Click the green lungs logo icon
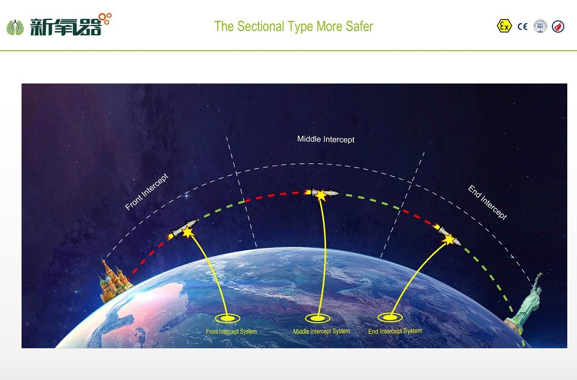pyautogui.click(x=15, y=27)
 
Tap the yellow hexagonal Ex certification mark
pyautogui.click(x=504, y=26)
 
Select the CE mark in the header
pyautogui.click(x=523, y=26)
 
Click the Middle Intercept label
pyautogui.click(x=325, y=139)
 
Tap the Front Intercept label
pyautogui.click(x=146, y=192)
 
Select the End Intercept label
pyautogui.click(x=487, y=202)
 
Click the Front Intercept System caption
pyautogui.click(x=231, y=331)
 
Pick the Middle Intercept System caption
pyautogui.click(x=321, y=331)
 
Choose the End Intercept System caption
pyautogui.click(x=395, y=331)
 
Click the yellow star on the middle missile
pyautogui.click(x=321, y=195)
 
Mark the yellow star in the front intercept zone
pyautogui.click(x=188, y=232)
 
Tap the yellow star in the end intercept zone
pyautogui.click(x=449, y=239)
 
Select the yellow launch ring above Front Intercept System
pyautogui.click(x=227, y=318)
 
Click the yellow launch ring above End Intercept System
pyautogui.click(x=390, y=317)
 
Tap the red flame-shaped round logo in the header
pyautogui.click(x=558, y=26)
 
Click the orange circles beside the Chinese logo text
pyautogui.click(x=105, y=18)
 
